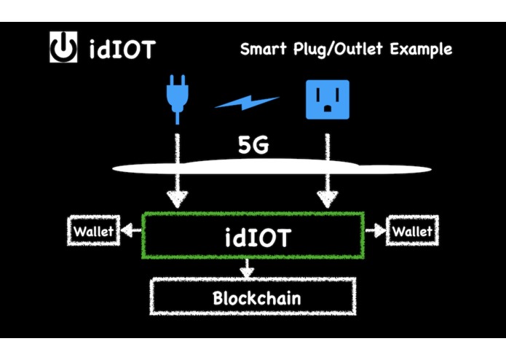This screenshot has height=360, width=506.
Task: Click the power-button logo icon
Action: click(x=63, y=49)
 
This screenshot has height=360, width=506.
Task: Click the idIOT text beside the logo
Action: click(x=122, y=50)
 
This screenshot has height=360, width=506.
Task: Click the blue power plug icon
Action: click(x=175, y=99)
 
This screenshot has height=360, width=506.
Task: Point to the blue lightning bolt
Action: click(x=248, y=103)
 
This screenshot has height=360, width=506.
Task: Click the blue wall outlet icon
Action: click(x=327, y=99)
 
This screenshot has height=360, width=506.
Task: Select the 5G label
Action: click(x=253, y=145)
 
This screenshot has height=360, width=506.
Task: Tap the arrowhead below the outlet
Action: click(x=326, y=198)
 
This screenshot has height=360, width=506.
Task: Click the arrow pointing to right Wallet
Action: click(x=375, y=232)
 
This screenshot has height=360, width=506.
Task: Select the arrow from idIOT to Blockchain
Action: click(x=247, y=269)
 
